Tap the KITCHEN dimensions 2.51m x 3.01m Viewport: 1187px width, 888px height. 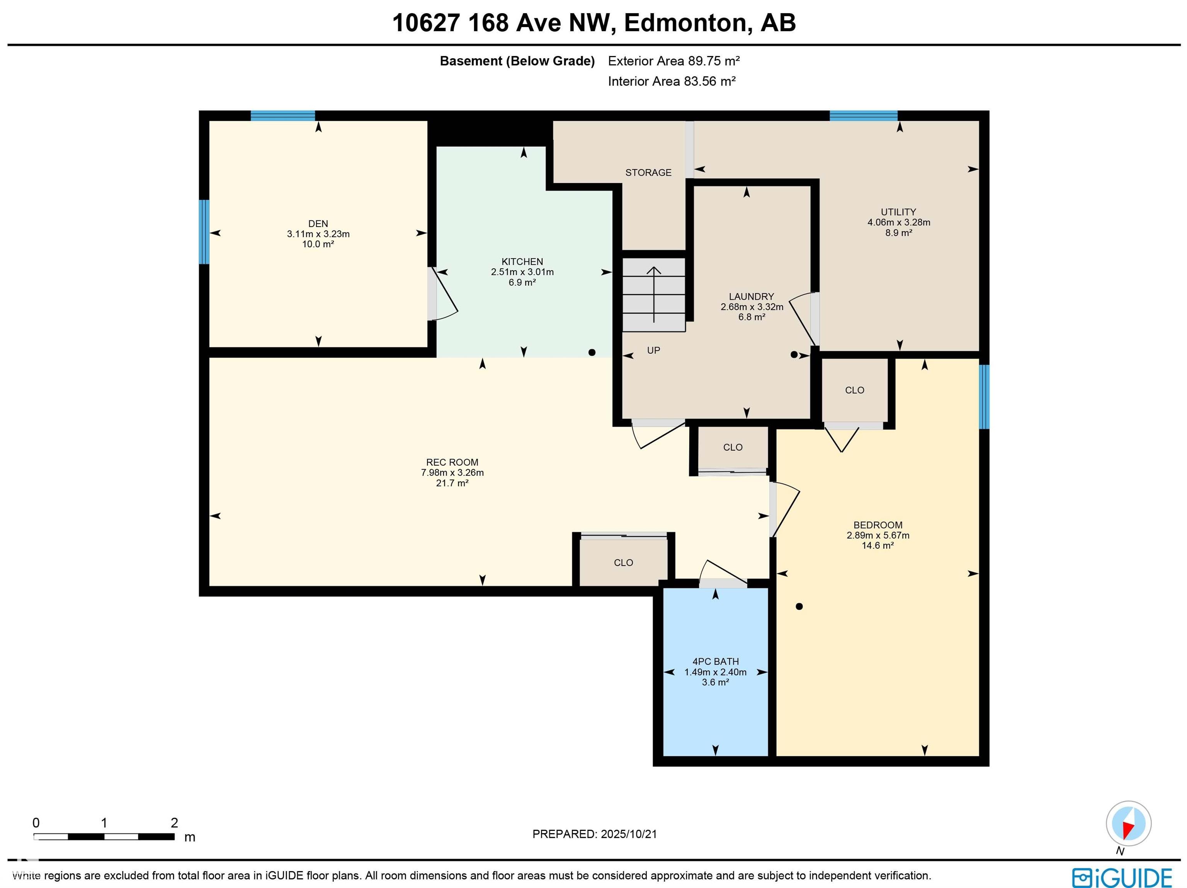click(522, 272)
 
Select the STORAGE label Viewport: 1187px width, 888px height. click(648, 173)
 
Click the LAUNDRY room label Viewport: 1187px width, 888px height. click(751, 297)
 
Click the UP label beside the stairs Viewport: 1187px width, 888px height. click(653, 350)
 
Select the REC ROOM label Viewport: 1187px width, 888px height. click(452, 462)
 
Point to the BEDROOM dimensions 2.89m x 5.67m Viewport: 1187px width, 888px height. click(878, 535)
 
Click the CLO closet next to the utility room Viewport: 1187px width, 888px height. click(854, 390)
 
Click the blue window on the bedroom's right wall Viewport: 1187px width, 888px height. click(984, 397)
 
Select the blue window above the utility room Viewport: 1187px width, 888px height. click(864, 115)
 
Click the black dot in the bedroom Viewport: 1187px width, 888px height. click(799, 607)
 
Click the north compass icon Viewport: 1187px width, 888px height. click(1128, 824)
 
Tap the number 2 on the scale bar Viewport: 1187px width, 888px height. click(174, 823)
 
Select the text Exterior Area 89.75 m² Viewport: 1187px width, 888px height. click(673, 61)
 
